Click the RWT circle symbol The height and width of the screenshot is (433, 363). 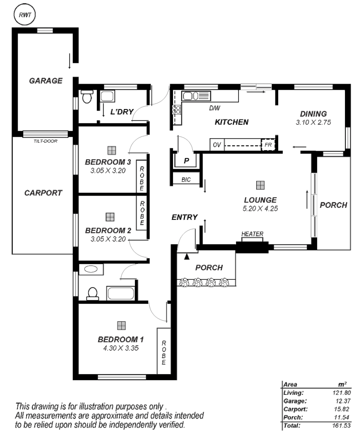tap(24, 15)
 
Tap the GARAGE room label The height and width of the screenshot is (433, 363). tap(46, 81)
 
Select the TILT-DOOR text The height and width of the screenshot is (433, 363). tap(45, 141)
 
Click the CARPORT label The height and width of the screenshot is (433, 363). tap(43, 193)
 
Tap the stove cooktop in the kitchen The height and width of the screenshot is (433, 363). tap(176, 110)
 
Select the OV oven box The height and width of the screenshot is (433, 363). tap(217, 145)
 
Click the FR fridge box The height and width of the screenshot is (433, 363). tap(268, 145)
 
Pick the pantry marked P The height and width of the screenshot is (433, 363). tap(186, 161)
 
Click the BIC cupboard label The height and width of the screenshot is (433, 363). tap(186, 180)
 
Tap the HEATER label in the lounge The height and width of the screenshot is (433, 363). tap(252, 234)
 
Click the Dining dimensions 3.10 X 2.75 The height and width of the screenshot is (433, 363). tap(313, 122)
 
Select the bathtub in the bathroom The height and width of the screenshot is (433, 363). tap(120, 293)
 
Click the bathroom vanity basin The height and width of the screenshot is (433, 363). tap(91, 269)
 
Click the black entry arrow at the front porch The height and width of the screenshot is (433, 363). tap(187, 257)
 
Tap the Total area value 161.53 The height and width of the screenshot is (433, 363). tap(341, 425)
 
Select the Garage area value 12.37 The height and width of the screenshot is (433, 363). tap(343, 401)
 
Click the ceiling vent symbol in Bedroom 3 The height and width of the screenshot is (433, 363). tap(112, 150)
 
